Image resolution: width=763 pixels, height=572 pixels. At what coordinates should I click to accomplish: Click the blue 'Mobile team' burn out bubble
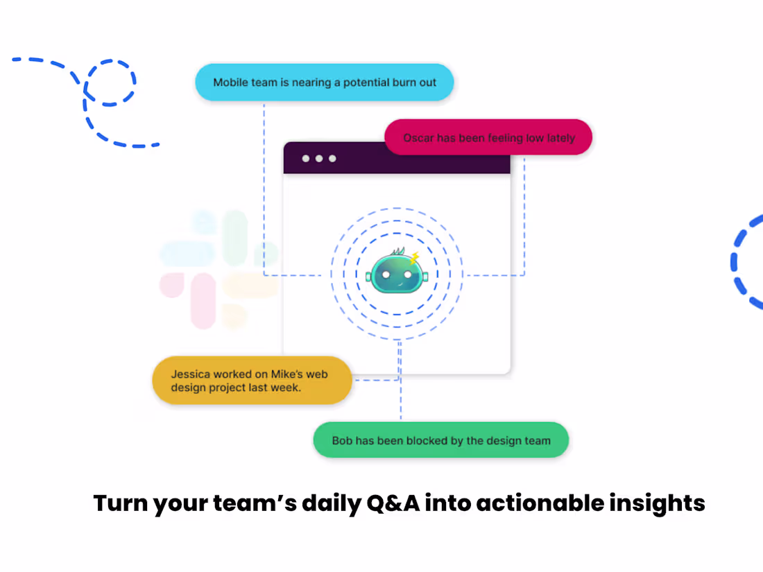pyautogui.click(x=325, y=83)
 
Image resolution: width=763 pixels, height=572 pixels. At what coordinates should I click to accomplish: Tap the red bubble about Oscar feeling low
pyautogui.click(x=488, y=137)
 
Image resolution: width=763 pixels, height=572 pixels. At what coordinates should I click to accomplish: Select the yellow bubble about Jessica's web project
pyautogui.click(x=252, y=381)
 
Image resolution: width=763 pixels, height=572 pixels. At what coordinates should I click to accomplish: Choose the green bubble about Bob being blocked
pyautogui.click(x=441, y=440)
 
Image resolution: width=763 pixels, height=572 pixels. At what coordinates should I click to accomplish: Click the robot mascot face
pyautogui.click(x=396, y=273)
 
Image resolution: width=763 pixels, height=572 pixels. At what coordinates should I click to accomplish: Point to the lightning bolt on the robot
pyautogui.click(x=415, y=259)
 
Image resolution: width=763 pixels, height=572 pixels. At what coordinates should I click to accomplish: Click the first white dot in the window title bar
pyautogui.click(x=306, y=159)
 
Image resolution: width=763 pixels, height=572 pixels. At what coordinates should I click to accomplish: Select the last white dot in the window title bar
pyautogui.click(x=332, y=159)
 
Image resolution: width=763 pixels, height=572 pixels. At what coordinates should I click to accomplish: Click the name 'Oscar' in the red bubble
pyautogui.click(x=418, y=138)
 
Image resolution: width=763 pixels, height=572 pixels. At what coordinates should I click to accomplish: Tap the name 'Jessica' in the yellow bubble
pyautogui.click(x=192, y=374)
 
